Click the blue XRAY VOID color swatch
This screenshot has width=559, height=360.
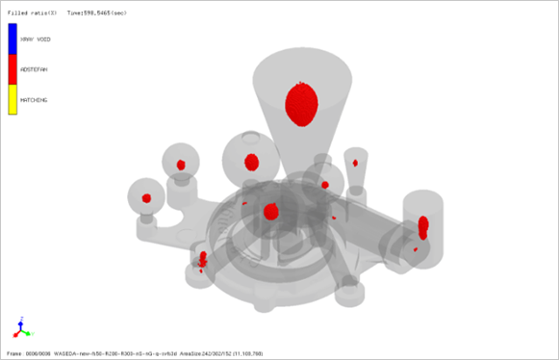pos(13,39)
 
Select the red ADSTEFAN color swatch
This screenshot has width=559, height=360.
pos(13,69)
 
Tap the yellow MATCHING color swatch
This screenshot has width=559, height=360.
pos(13,100)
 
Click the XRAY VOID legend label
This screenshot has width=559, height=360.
pos(36,39)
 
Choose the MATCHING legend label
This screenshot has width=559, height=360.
pos(34,100)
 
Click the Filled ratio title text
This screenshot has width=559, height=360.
pos(33,13)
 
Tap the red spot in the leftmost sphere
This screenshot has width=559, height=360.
pos(147,198)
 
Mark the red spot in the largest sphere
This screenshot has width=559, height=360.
pos(252,161)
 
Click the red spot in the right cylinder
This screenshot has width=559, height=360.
pos(423,226)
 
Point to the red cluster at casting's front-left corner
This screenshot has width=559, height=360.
pos(203,258)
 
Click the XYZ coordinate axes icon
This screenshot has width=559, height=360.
pos(21,327)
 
